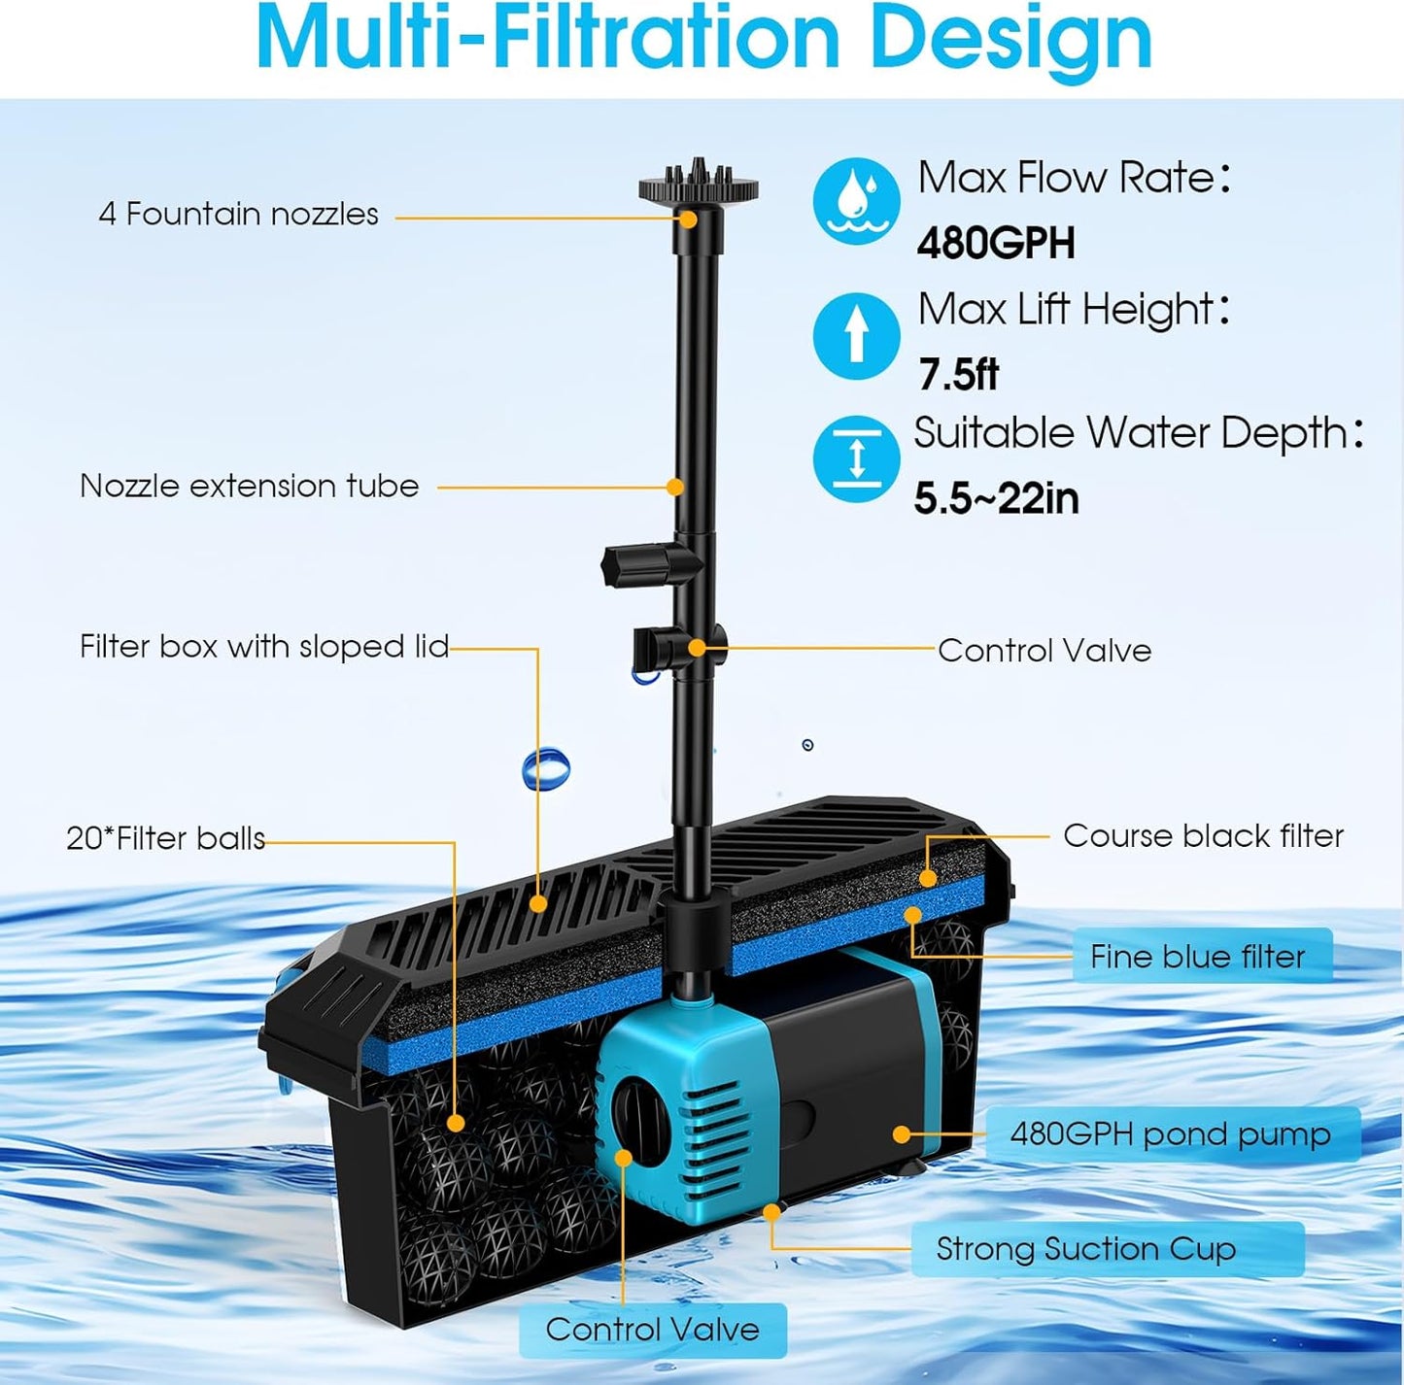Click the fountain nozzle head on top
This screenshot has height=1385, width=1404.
pos(698,186)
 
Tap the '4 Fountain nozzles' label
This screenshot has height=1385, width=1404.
pos(238,214)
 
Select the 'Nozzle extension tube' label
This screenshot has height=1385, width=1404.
pos(249,486)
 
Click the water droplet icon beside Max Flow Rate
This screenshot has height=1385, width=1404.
pos(856,201)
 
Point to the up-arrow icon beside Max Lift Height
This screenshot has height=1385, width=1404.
pos(856,335)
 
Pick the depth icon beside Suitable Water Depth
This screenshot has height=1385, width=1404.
pos(856,458)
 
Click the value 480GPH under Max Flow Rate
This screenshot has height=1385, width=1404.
pos(996,243)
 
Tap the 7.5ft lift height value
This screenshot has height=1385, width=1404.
pos(958,374)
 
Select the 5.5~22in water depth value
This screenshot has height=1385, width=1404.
pos(996,498)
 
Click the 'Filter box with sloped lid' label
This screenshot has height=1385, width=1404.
pos(264,647)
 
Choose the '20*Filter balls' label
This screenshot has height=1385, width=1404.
pos(165,838)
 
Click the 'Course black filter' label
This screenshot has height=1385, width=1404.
pos(1203,835)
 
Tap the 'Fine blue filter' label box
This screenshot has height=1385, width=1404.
pos(1198,957)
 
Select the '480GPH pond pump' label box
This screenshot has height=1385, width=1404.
pos(1171,1134)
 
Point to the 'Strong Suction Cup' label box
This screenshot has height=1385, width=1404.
pos(1086,1249)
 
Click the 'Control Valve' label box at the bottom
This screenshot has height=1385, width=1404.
pos(653,1330)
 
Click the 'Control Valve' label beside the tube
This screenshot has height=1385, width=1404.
pos(1044,650)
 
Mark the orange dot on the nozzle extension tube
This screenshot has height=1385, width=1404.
pos(675,487)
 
